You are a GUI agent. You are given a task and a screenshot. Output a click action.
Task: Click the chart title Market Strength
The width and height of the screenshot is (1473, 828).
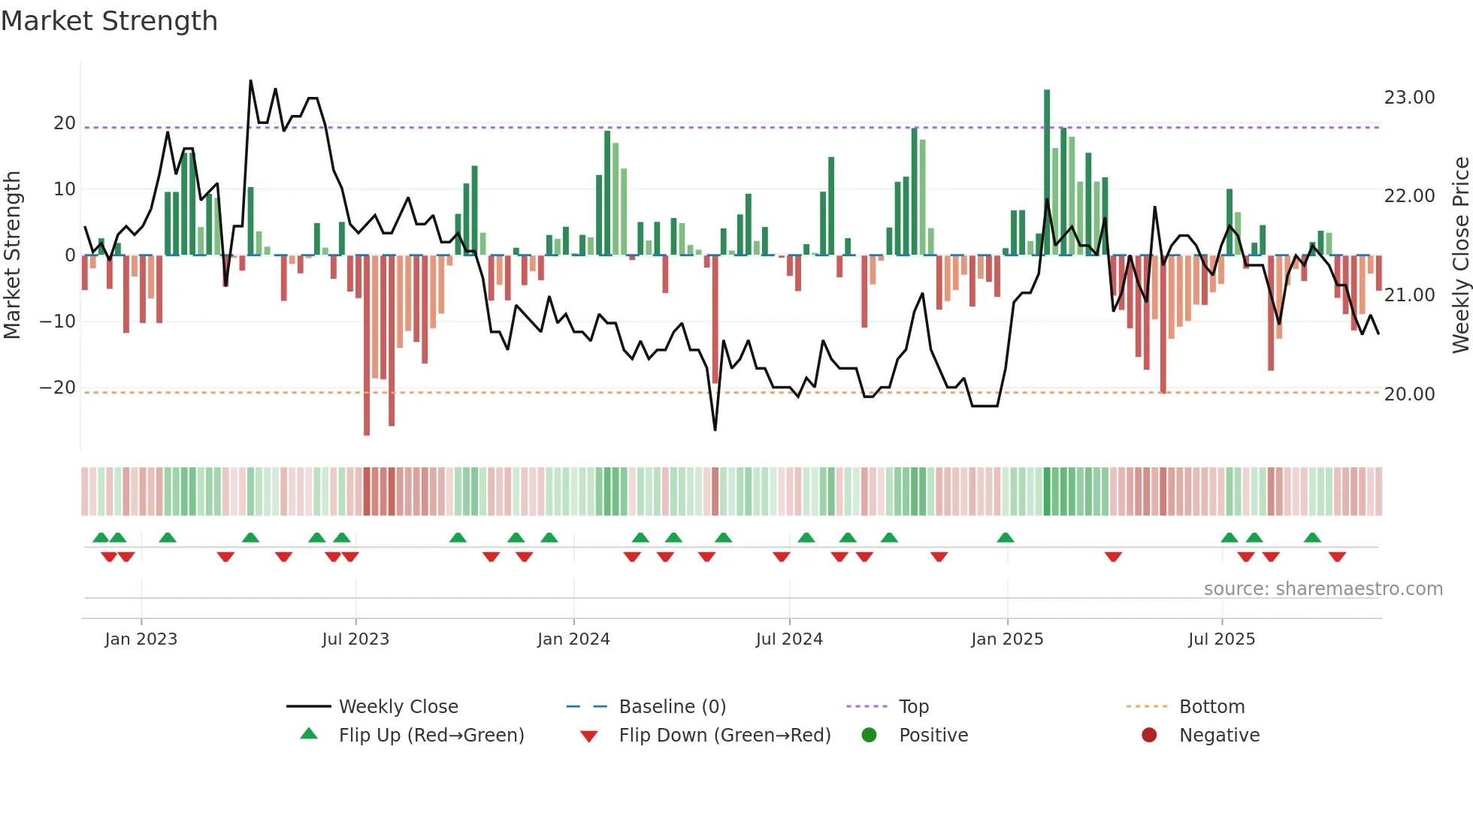(109, 21)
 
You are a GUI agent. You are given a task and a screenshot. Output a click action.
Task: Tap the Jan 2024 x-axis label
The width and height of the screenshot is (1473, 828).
(573, 639)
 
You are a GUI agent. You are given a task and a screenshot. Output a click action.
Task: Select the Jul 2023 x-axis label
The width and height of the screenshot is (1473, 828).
(355, 639)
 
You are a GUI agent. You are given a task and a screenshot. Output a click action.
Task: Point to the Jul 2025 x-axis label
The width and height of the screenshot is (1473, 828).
(1221, 639)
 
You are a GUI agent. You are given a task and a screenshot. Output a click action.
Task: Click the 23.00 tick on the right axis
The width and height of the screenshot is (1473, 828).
(1409, 98)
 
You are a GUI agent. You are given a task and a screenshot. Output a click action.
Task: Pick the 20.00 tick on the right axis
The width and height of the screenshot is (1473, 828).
(1409, 394)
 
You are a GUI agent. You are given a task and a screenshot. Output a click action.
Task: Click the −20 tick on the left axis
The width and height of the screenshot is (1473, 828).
(58, 388)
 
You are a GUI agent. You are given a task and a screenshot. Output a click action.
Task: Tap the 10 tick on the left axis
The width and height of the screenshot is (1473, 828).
(65, 189)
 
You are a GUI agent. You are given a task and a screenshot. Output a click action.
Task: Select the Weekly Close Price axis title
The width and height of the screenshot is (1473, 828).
(1460, 255)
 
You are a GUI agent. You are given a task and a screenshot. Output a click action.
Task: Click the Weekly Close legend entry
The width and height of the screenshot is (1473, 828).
(398, 707)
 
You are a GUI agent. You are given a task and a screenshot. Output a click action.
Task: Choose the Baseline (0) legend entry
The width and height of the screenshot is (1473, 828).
(672, 707)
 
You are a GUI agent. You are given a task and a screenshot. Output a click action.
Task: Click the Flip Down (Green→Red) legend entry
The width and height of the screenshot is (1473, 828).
(724, 736)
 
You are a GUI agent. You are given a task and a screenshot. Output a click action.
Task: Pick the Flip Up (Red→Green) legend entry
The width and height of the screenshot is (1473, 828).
(431, 736)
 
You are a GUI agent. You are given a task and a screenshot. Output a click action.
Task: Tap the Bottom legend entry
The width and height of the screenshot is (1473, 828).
(1211, 707)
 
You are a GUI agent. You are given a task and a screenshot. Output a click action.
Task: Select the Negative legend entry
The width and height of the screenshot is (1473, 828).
(1219, 736)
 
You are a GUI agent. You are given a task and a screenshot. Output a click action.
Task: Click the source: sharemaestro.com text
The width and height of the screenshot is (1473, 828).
(1323, 589)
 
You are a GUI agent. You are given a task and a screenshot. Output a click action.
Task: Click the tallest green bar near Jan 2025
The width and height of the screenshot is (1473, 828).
(1047, 173)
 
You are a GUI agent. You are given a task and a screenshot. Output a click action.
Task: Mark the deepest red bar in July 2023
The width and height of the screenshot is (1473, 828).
(367, 346)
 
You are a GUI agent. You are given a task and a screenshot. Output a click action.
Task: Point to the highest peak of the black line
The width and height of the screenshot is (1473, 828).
(250, 80)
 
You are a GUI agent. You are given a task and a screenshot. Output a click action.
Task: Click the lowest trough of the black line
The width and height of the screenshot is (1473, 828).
(715, 430)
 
